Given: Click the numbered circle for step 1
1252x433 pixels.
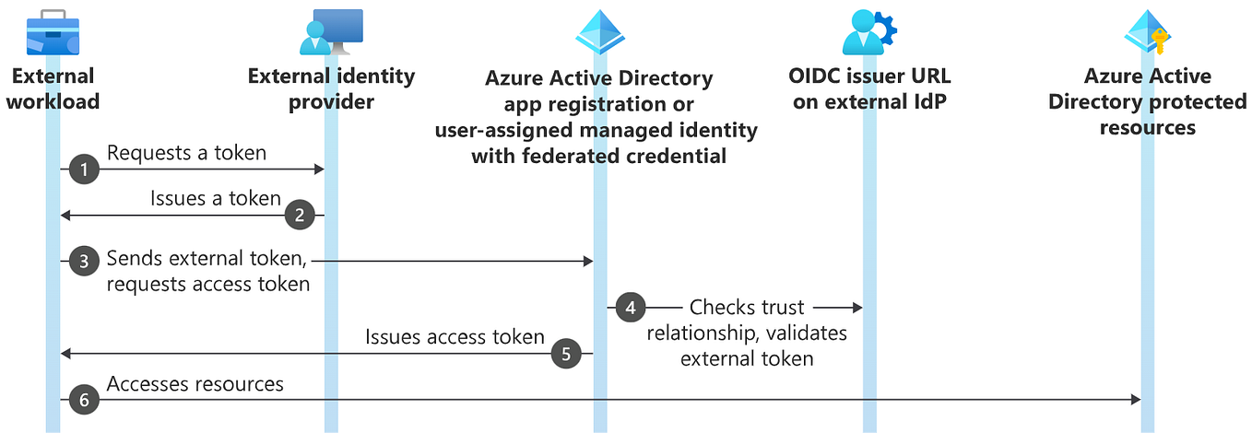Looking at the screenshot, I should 85,170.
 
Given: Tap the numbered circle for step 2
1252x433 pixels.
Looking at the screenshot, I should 299,216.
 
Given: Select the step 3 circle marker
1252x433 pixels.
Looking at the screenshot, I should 85,262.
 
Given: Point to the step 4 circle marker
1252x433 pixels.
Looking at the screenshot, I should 631,308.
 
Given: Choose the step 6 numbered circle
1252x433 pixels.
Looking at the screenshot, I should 85,400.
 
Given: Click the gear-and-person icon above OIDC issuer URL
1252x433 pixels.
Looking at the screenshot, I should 868,33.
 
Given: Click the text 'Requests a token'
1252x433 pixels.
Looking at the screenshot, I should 186,153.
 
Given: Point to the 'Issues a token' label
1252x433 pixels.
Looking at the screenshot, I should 216,198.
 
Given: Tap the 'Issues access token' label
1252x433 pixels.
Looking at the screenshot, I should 455,336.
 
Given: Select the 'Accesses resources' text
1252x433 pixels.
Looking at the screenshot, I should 195,383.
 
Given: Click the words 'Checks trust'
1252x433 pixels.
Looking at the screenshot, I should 747,308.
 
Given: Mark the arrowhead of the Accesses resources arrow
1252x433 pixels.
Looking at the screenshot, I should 1135,400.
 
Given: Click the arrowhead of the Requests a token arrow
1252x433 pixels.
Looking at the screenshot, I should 319,170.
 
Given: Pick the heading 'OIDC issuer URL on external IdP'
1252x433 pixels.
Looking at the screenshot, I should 870,88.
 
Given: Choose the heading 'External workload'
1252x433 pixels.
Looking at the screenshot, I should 53,88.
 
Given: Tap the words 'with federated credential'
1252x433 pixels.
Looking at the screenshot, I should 598,156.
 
